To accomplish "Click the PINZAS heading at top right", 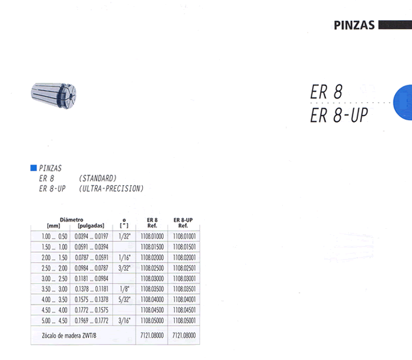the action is click(354, 25).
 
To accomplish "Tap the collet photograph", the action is click(54, 95).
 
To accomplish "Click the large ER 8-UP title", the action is click(339, 115).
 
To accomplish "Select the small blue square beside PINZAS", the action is click(33, 168).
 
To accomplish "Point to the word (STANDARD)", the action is click(98, 179).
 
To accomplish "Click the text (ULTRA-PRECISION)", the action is click(111, 188).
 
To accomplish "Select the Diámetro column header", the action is click(72, 220).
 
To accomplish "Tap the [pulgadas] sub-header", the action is click(91, 226).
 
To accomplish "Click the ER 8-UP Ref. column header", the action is click(183, 222).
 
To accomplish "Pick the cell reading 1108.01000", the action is click(152, 237).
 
